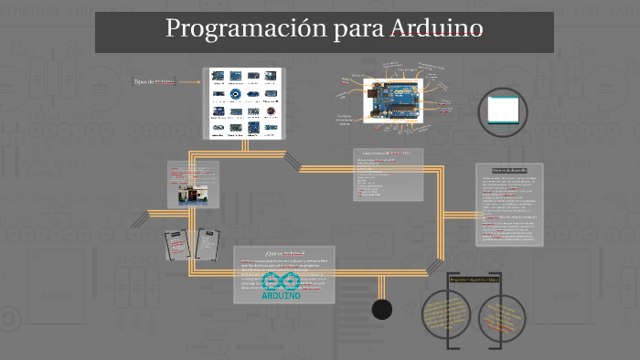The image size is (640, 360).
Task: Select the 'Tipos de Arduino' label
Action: pos(153,82)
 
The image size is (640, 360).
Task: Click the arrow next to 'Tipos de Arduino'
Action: pos(189,82)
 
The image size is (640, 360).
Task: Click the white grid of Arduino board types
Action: pos(244,102)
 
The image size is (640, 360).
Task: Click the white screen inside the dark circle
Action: pos(505,110)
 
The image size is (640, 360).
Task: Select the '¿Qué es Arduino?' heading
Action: pos(284,252)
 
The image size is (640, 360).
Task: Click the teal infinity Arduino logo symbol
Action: pos(282,281)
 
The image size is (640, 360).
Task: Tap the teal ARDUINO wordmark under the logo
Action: pos(282,295)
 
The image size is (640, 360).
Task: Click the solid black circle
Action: pos(382,310)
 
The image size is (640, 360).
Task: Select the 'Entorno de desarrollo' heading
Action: pos(509,170)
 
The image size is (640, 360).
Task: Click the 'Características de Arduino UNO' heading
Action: pos(387,153)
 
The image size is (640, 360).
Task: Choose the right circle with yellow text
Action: pos(502,314)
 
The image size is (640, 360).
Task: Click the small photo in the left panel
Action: pos(191,194)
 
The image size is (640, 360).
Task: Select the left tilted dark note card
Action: pos(176,244)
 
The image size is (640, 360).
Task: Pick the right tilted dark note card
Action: pos(208,243)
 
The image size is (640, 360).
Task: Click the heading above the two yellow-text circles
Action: pos(474,279)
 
